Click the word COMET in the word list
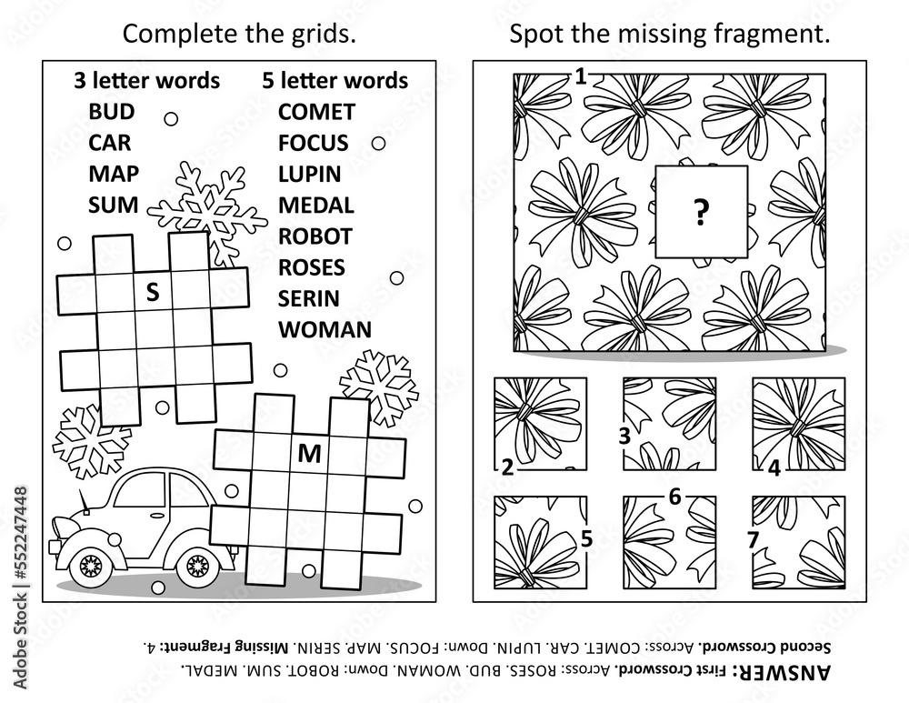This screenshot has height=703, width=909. click(x=316, y=112)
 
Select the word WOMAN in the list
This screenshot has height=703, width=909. click(x=325, y=329)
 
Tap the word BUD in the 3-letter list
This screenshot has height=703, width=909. click(x=112, y=112)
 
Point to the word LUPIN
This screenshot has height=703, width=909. click(x=309, y=174)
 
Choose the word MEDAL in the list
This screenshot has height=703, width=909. click(x=315, y=206)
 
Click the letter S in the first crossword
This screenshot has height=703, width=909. click(x=153, y=292)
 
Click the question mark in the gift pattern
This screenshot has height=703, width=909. click(x=700, y=214)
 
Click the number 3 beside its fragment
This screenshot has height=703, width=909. click(x=624, y=436)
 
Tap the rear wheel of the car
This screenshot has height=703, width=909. click(x=197, y=567)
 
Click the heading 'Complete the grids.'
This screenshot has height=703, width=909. click(x=238, y=35)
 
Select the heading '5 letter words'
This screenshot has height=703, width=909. click(x=335, y=80)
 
